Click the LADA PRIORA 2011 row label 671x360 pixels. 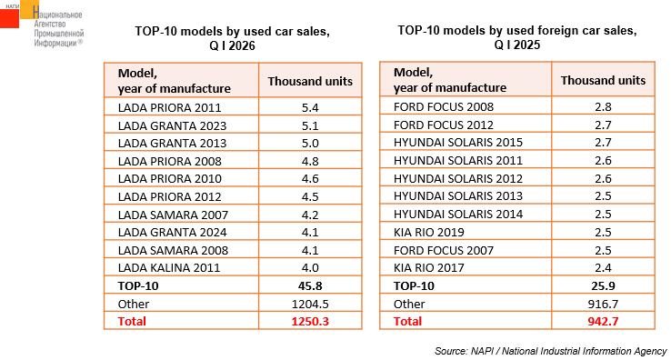click(169, 107)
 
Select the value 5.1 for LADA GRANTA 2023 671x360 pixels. click(310, 125)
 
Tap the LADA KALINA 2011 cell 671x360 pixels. click(169, 268)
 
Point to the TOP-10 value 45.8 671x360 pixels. click(310, 286)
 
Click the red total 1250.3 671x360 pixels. click(310, 322)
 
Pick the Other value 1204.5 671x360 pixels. click(310, 304)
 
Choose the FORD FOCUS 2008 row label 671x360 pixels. click(444, 106)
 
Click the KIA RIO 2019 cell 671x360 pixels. click(429, 233)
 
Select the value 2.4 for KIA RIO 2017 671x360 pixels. click(603, 268)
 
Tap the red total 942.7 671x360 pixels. click(603, 322)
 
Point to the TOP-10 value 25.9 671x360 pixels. click(603, 286)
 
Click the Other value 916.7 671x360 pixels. click(603, 304)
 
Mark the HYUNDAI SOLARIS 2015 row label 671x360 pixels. click(458, 143)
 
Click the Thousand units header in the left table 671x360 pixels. click(310, 81)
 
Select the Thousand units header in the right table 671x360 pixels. click(603, 81)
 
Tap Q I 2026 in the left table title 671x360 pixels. click(232, 45)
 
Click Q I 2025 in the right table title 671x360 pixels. click(517, 45)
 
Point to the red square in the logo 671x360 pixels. click(9, 19)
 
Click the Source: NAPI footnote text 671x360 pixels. click(550, 351)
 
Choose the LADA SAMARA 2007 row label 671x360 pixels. click(173, 215)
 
